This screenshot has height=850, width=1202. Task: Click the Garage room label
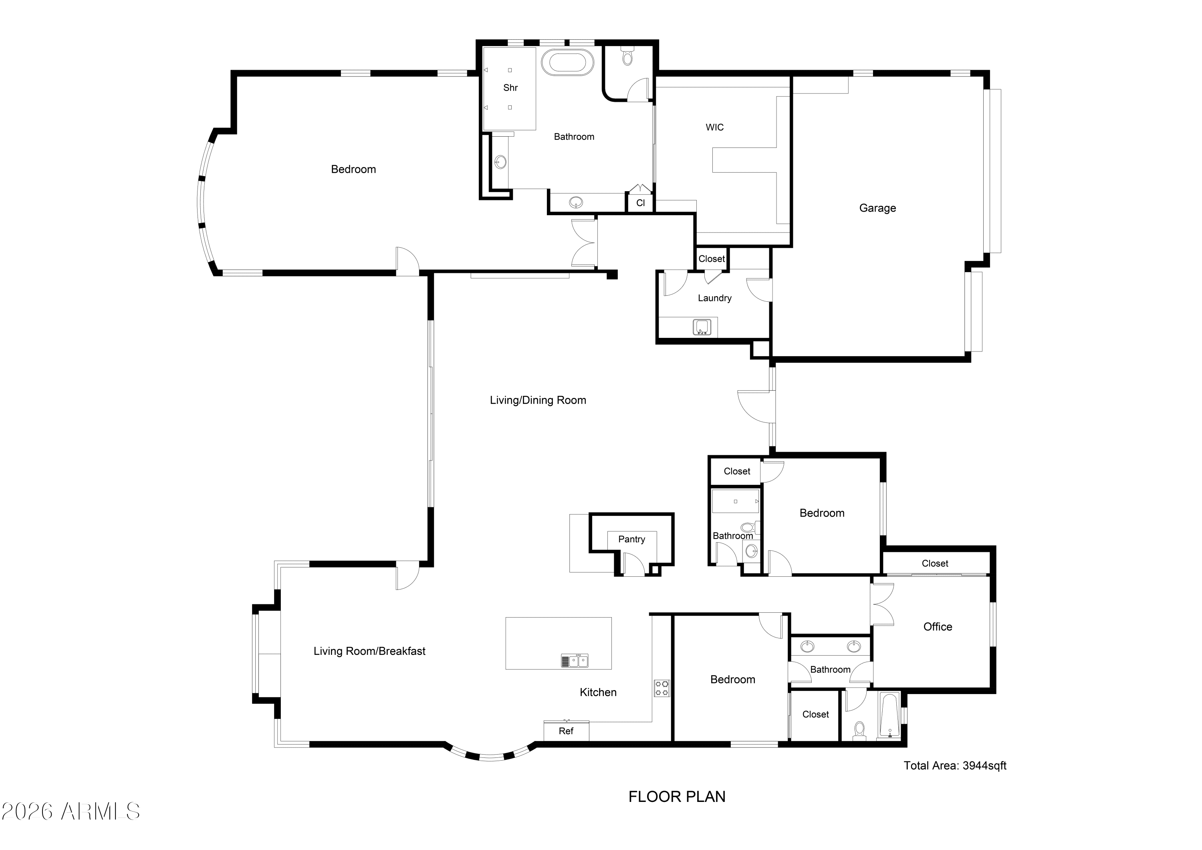tap(877, 208)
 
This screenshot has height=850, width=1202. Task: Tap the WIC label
tap(715, 127)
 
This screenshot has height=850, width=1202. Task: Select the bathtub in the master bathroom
tap(568, 63)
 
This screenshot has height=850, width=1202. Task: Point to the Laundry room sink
tap(702, 327)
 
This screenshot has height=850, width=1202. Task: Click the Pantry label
tap(631, 539)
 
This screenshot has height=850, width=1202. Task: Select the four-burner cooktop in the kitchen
tap(662, 688)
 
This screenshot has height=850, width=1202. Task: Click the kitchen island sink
tap(574, 661)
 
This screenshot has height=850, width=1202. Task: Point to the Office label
tap(938, 627)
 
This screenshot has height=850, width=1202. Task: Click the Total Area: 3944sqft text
tap(955, 766)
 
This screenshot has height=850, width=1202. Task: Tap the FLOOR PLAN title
tap(677, 797)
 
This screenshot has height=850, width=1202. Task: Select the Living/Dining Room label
tap(538, 400)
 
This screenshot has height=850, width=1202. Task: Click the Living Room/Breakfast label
tap(369, 651)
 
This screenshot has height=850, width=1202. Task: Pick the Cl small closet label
tap(640, 203)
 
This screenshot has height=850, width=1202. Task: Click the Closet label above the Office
tap(935, 563)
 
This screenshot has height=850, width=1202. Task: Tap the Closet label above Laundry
tap(712, 259)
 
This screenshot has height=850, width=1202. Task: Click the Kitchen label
tap(598, 693)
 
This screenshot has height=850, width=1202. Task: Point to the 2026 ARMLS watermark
tap(71, 812)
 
